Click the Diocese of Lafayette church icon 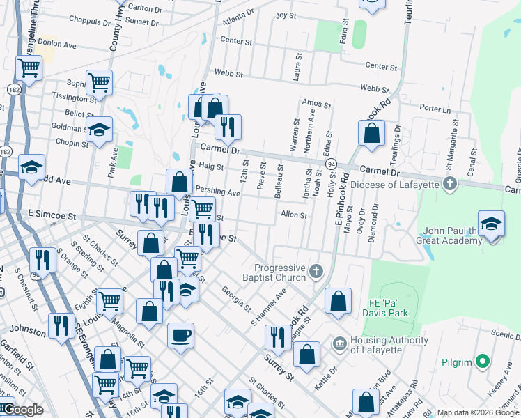pyautogui.click(x=450, y=184)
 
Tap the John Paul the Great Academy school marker pyautogui.click(x=492, y=224)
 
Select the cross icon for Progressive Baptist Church pyautogui.click(x=316, y=270)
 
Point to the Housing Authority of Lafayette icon pyautogui.click(x=339, y=342)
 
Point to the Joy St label pyautogui.click(x=286, y=15)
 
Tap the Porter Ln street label pyautogui.click(x=436, y=109)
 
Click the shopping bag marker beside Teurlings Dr pyautogui.click(x=372, y=132)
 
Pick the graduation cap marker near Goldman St pyautogui.click(x=99, y=129)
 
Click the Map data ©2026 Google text pyautogui.click(x=477, y=412)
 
